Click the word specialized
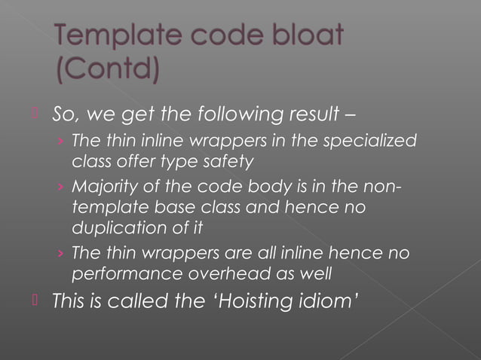tap(373, 142)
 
